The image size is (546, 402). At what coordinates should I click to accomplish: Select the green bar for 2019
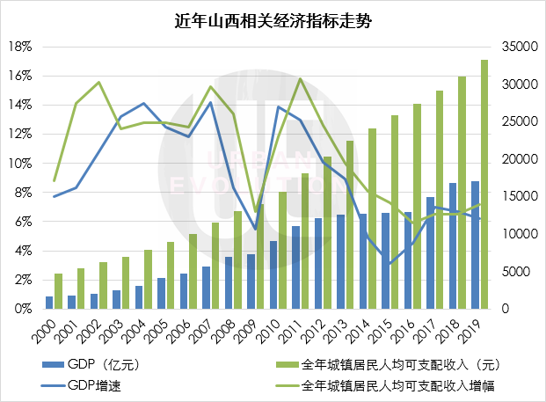484,185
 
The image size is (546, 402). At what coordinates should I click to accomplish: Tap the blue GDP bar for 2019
476,245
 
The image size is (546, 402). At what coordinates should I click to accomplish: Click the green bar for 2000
59,291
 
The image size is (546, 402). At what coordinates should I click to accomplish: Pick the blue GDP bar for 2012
317,264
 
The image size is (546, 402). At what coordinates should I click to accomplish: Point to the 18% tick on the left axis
21,46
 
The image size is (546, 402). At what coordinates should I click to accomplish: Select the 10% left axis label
21,164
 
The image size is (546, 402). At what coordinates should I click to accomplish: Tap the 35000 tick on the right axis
515,46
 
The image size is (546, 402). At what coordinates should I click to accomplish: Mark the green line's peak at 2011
300,79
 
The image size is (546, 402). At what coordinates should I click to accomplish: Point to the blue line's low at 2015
389,263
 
